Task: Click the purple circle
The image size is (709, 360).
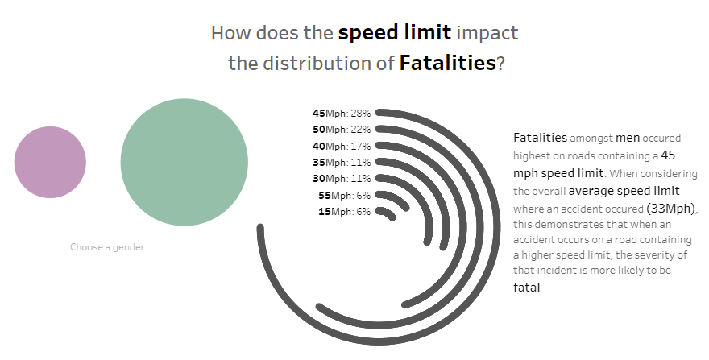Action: tap(50, 162)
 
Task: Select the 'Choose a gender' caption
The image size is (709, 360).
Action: tap(107, 247)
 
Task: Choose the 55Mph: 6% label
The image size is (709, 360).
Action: tap(344, 195)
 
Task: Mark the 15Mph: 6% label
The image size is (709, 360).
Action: tap(344, 211)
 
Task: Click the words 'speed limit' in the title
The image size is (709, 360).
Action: tap(394, 33)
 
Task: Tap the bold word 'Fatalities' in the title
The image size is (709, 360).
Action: tap(447, 63)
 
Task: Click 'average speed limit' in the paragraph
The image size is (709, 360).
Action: tap(624, 191)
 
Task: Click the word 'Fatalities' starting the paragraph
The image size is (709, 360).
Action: tap(539, 138)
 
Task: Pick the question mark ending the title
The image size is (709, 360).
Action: tap(500, 63)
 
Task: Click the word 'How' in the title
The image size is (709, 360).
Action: tap(229, 33)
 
